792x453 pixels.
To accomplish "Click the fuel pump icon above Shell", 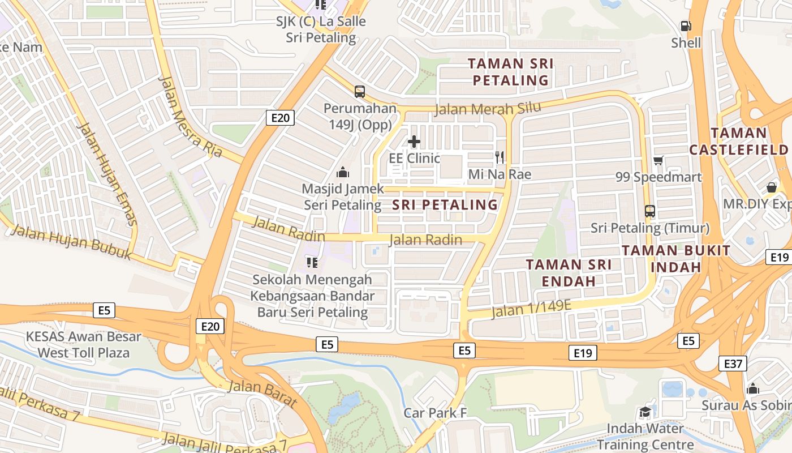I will [x=686, y=26].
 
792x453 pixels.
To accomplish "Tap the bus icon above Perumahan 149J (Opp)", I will [x=359, y=91].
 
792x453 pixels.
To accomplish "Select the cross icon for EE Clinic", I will [x=414, y=142].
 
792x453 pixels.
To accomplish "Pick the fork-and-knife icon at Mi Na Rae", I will [x=499, y=157].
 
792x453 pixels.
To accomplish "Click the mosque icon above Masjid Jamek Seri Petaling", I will [x=342, y=172].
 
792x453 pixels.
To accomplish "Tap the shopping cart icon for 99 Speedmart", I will [x=658, y=161].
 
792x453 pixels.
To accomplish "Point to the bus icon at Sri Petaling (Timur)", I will [x=649, y=211].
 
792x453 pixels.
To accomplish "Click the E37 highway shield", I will [x=733, y=364].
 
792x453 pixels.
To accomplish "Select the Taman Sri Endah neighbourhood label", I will [x=569, y=272].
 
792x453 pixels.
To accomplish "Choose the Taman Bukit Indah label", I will [x=676, y=258].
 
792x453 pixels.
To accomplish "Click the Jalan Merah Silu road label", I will [x=488, y=108].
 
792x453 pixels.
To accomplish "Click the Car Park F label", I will [x=435, y=413].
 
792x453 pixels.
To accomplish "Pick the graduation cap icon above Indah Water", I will [x=645, y=412].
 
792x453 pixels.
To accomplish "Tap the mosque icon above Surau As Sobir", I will [x=752, y=389].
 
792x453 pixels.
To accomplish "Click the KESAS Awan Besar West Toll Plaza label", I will [x=83, y=345].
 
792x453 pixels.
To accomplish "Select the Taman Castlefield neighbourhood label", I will [x=738, y=141].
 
